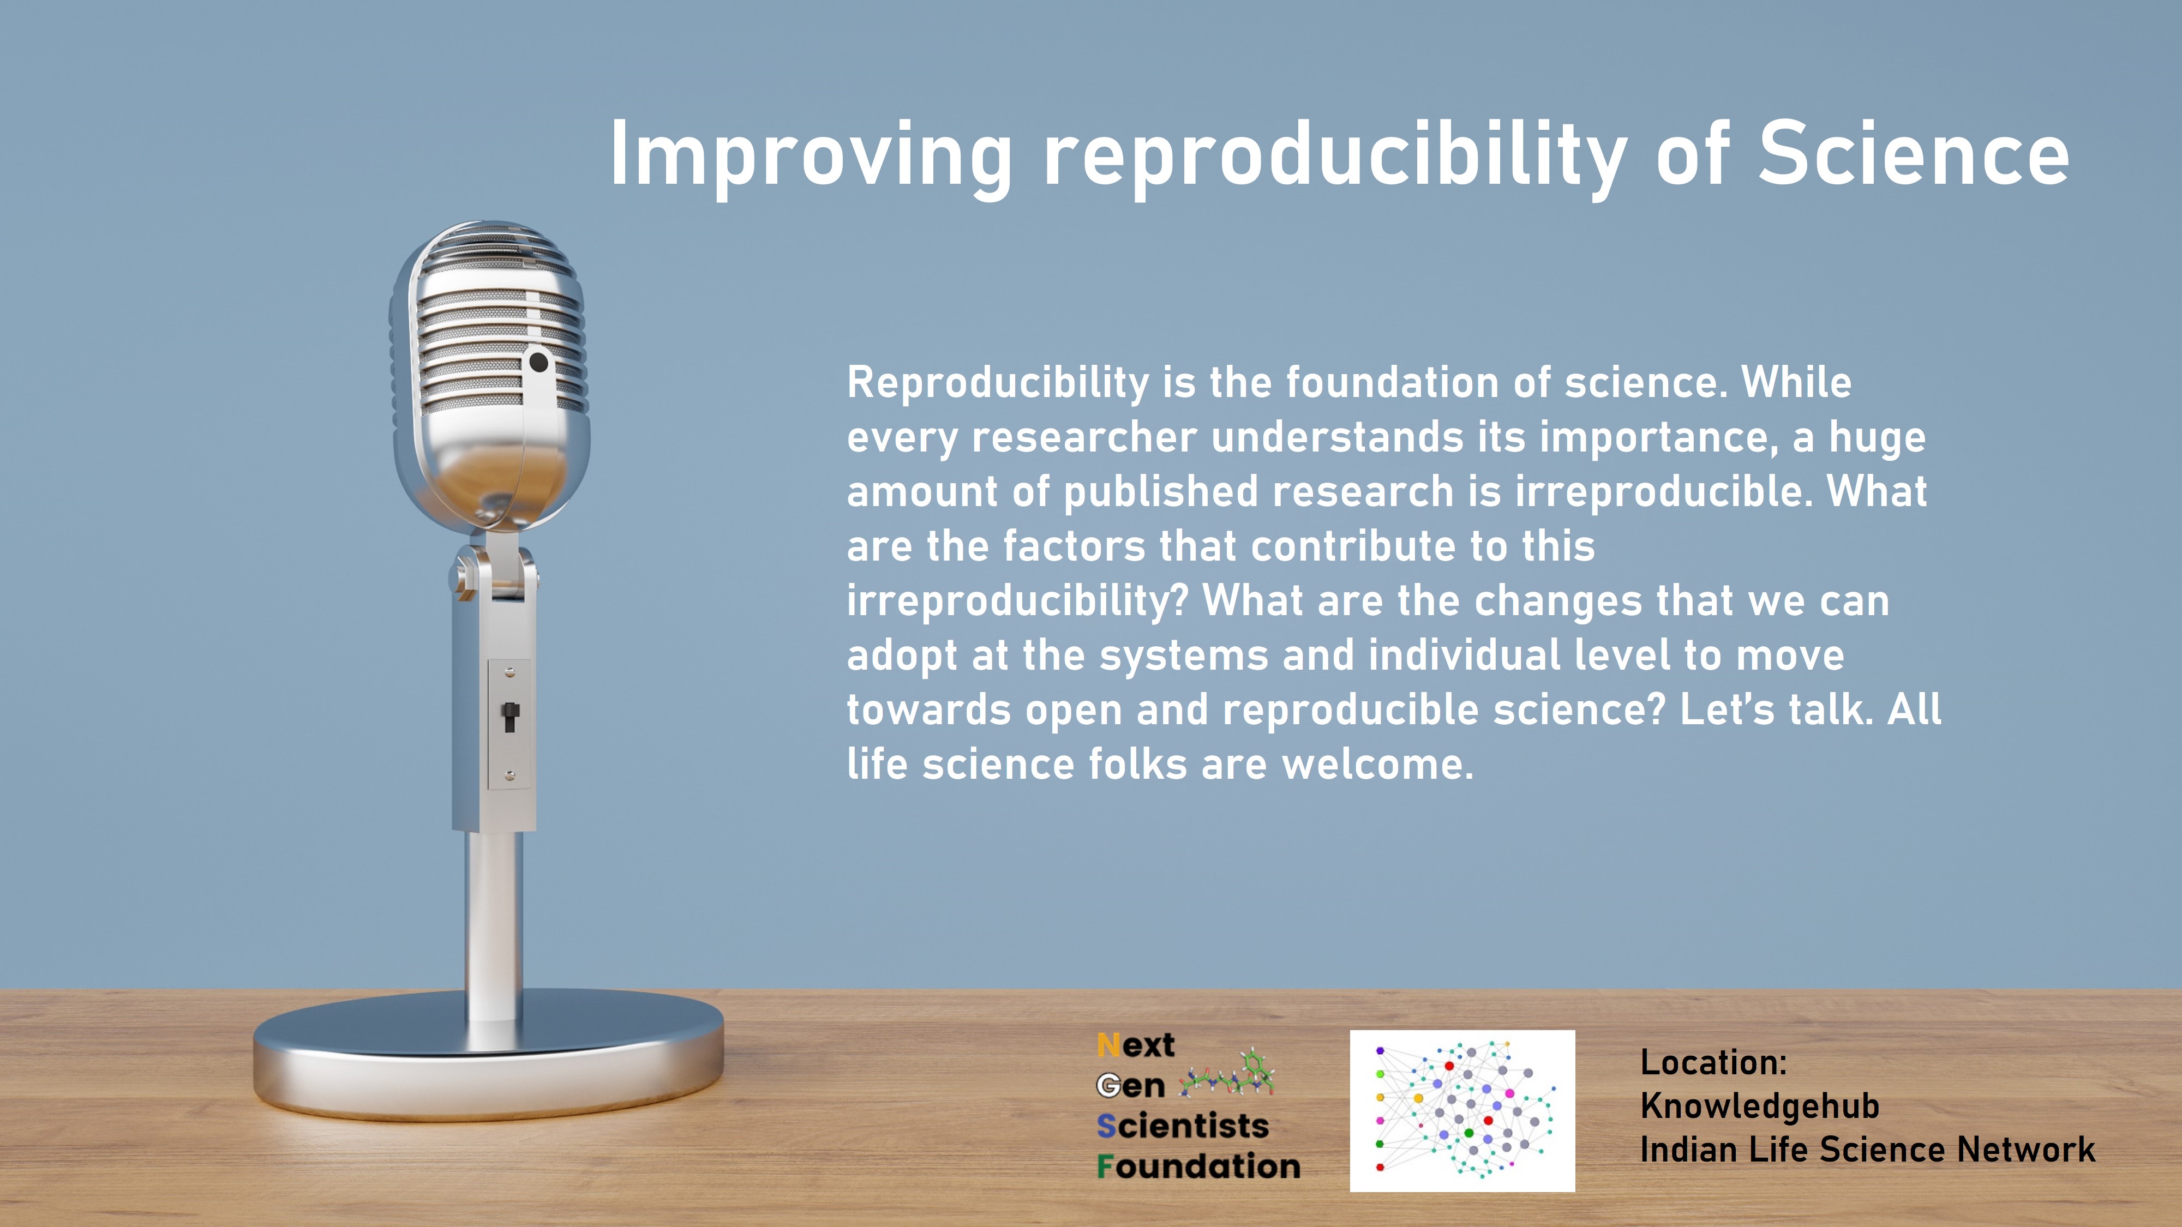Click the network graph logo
point(1462,1111)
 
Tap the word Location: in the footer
point(1713,1062)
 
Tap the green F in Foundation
point(1105,1167)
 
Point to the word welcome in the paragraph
point(1377,764)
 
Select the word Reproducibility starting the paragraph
point(998,383)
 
